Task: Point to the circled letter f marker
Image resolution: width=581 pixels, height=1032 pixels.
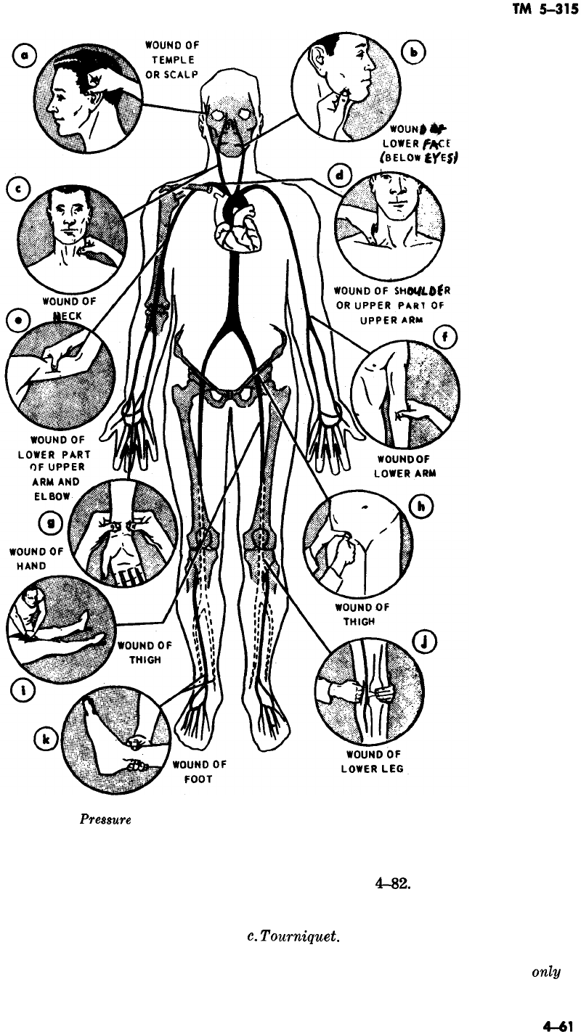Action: [443, 337]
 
